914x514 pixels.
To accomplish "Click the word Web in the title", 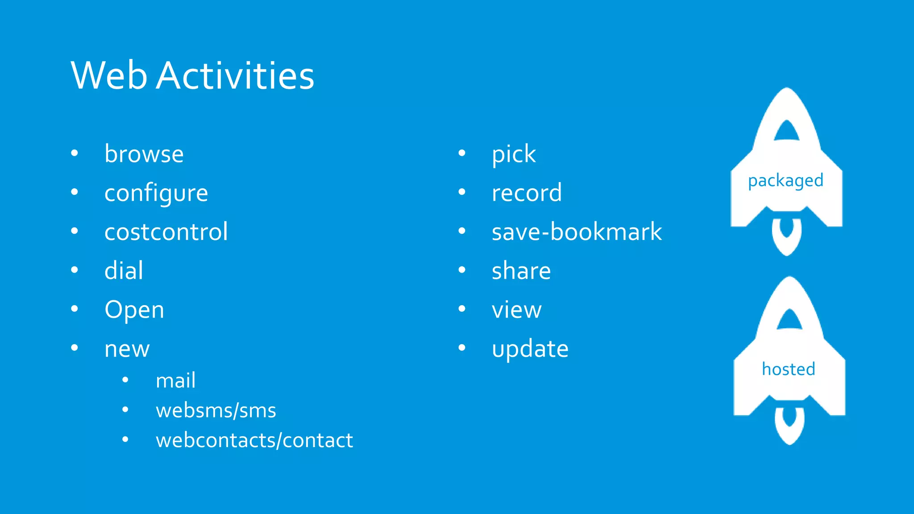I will [109, 75].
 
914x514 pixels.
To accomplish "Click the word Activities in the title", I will [235, 75].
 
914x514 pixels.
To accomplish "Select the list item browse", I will [144, 154].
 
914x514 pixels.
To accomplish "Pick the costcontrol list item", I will [166, 232].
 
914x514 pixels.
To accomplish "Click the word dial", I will [124, 271].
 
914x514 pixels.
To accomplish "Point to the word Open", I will [134, 310].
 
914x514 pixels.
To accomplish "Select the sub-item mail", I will [175, 381].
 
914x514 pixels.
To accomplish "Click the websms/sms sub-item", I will [216, 410].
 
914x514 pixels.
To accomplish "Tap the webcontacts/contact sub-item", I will [254, 440].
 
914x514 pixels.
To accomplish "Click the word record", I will [527, 193].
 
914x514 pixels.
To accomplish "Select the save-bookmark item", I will [577, 232].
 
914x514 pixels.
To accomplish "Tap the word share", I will [521, 271].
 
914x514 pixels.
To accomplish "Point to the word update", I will [530, 349].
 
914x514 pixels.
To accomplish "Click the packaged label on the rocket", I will [785, 181].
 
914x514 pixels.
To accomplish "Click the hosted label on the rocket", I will [789, 369].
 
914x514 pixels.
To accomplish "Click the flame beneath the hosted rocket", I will [789, 426].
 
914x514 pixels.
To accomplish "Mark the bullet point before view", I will [462, 309].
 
